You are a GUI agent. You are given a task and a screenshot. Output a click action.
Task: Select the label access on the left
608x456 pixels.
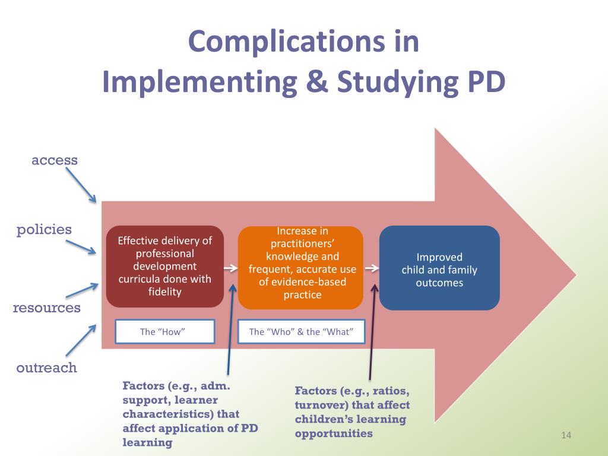(55, 160)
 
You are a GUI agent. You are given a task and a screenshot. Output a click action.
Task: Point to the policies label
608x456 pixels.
(44, 230)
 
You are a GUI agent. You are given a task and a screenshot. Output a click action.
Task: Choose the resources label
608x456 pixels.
(47, 308)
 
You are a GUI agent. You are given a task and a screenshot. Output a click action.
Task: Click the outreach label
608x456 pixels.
(47, 368)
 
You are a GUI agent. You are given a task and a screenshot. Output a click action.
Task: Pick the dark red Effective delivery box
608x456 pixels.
(164, 266)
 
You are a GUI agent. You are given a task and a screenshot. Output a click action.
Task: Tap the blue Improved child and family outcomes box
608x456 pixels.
(439, 268)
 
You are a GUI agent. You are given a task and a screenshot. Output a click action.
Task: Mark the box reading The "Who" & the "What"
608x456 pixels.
(300, 332)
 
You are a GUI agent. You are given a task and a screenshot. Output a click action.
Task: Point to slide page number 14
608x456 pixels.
(565, 436)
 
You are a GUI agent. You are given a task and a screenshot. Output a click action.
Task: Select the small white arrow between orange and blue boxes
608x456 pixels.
(371, 268)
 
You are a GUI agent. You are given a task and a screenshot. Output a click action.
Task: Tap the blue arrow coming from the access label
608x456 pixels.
(81, 185)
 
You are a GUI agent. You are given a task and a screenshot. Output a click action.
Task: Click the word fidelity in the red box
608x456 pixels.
(164, 292)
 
